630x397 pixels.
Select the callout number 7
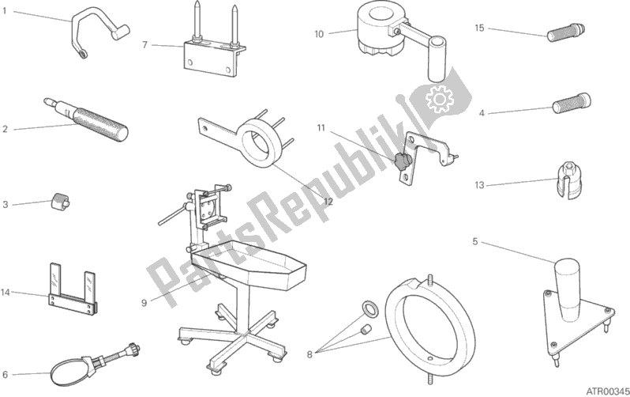[x=144, y=44]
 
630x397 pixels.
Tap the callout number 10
[x=318, y=34]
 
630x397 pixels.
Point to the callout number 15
[x=479, y=28]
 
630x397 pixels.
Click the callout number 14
[x=6, y=293]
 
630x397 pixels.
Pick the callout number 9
[x=144, y=301]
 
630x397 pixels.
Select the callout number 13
[x=479, y=186]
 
